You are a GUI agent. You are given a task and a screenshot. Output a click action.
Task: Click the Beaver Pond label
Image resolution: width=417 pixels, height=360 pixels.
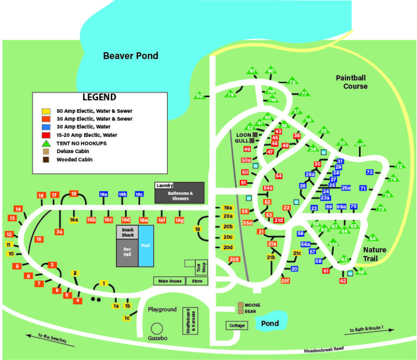(x=131, y=55)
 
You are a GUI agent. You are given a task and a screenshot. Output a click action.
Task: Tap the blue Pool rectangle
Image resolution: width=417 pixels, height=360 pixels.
(x=146, y=245)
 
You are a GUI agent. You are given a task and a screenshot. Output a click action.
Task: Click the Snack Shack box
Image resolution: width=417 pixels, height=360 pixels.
(x=127, y=232)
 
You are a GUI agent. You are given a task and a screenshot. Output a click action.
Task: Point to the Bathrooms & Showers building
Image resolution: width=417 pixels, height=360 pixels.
(x=179, y=195)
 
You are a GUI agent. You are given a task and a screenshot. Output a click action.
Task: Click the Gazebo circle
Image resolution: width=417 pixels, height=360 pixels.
(x=157, y=328)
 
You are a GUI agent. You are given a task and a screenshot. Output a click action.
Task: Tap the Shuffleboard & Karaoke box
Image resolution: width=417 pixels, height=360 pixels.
(x=190, y=318)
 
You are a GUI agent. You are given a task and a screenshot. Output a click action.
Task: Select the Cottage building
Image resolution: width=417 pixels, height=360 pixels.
(x=237, y=326)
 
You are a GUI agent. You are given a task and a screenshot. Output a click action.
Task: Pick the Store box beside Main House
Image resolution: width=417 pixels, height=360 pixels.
(x=197, y=281)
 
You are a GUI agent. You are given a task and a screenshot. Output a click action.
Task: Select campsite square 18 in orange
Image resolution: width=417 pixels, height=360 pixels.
(x=74, y=193)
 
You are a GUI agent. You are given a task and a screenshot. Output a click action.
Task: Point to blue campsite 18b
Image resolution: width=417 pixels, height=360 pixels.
(x=122, y=194)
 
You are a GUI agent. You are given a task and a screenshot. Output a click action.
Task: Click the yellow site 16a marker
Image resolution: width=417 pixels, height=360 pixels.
(x=74, y=220)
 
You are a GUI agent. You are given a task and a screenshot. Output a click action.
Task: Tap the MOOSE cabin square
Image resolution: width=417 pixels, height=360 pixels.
(x=241, y=305)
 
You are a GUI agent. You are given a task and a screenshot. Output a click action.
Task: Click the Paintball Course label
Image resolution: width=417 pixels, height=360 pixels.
(x=351, y=82)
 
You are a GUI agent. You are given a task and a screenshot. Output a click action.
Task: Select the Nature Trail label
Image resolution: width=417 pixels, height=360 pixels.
(x=375, y=254)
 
